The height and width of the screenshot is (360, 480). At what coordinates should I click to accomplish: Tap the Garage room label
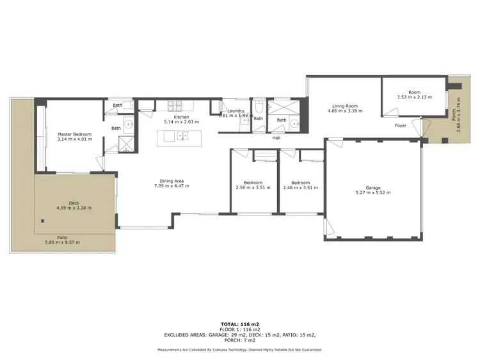[372, 188]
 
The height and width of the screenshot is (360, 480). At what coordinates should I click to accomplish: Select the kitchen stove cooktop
[177, 106]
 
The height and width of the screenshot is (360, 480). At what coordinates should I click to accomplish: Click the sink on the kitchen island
[182, 136]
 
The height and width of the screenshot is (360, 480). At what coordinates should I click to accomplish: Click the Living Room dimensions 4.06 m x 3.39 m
[344, 111]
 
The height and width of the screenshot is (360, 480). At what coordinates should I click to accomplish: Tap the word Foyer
[400, 126]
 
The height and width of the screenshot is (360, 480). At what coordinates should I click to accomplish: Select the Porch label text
[454, 116]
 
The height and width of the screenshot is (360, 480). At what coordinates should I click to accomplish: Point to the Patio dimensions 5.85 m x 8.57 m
[61, 242]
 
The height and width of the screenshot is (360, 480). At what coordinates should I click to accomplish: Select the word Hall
[276, 137]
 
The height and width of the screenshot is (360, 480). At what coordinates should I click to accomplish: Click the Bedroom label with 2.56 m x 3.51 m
[252, 183]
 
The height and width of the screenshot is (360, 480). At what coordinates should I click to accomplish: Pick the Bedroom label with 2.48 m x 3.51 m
[300, 183]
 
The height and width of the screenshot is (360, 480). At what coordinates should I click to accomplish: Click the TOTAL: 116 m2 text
[240, 324]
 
